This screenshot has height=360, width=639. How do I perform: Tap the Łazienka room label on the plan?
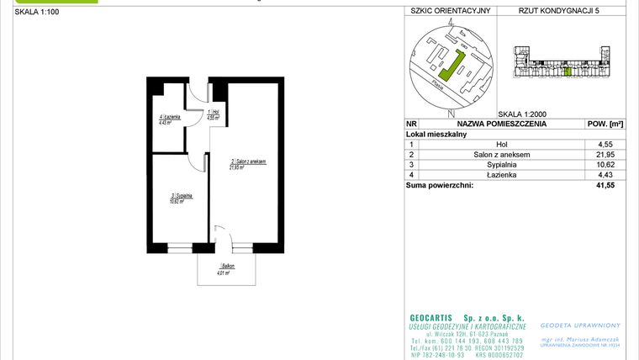(x=166, y=119)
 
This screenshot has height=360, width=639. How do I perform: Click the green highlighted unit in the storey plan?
(x=568, y=71)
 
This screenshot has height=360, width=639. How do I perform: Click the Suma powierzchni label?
(x=439, y=185)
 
